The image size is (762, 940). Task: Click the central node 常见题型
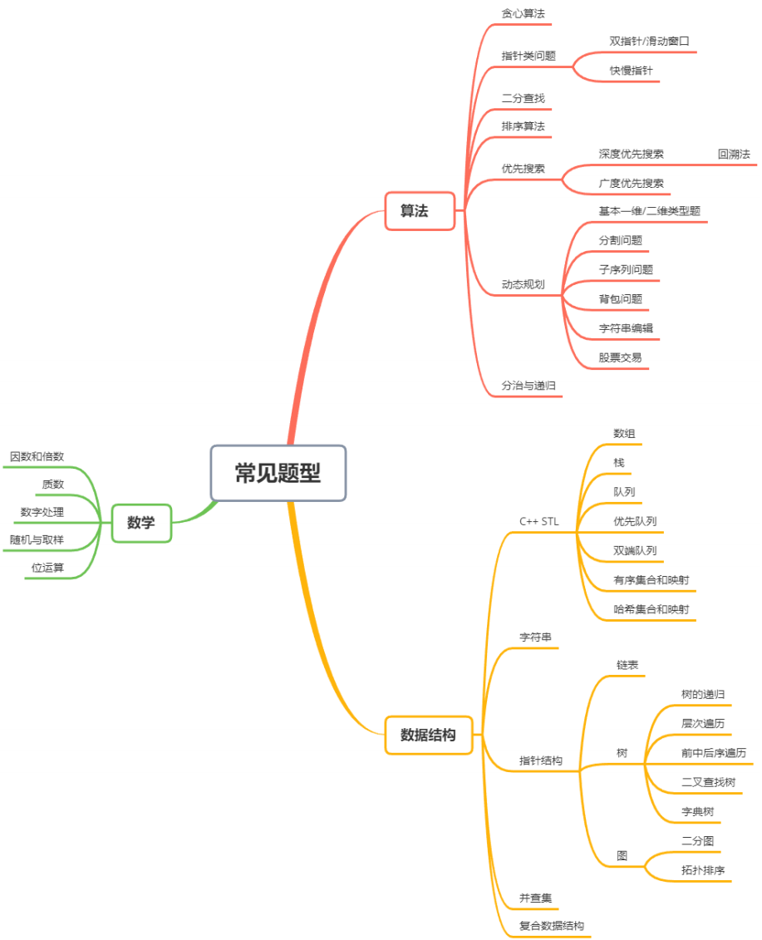pos(278,473)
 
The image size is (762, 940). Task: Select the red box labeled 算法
pos(419,211)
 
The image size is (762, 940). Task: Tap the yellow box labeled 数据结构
pos(428,735)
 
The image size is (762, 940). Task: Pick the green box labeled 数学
pos(141,523)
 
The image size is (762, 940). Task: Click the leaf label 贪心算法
pos(523,14)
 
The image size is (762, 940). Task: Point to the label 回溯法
pos(734,154)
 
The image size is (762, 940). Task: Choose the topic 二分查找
pos(523,98)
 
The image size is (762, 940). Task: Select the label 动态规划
pos(523,284)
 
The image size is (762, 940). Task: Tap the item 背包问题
pos(620,298)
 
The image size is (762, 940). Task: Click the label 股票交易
pos(620,357)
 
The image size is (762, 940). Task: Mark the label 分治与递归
pos(528,386)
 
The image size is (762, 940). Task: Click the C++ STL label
pos(539,521)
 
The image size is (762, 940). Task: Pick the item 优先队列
pos(635,521)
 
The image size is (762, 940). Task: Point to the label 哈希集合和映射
pos(651,609)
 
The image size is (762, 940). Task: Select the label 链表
pos(627,666)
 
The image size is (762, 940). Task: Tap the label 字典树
pos(697,811)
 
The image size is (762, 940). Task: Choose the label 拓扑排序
pos(703,870)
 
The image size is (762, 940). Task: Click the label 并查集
pos(535,898)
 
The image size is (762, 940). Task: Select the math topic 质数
pos(53,484)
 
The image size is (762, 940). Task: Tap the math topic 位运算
pos(47,568)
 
